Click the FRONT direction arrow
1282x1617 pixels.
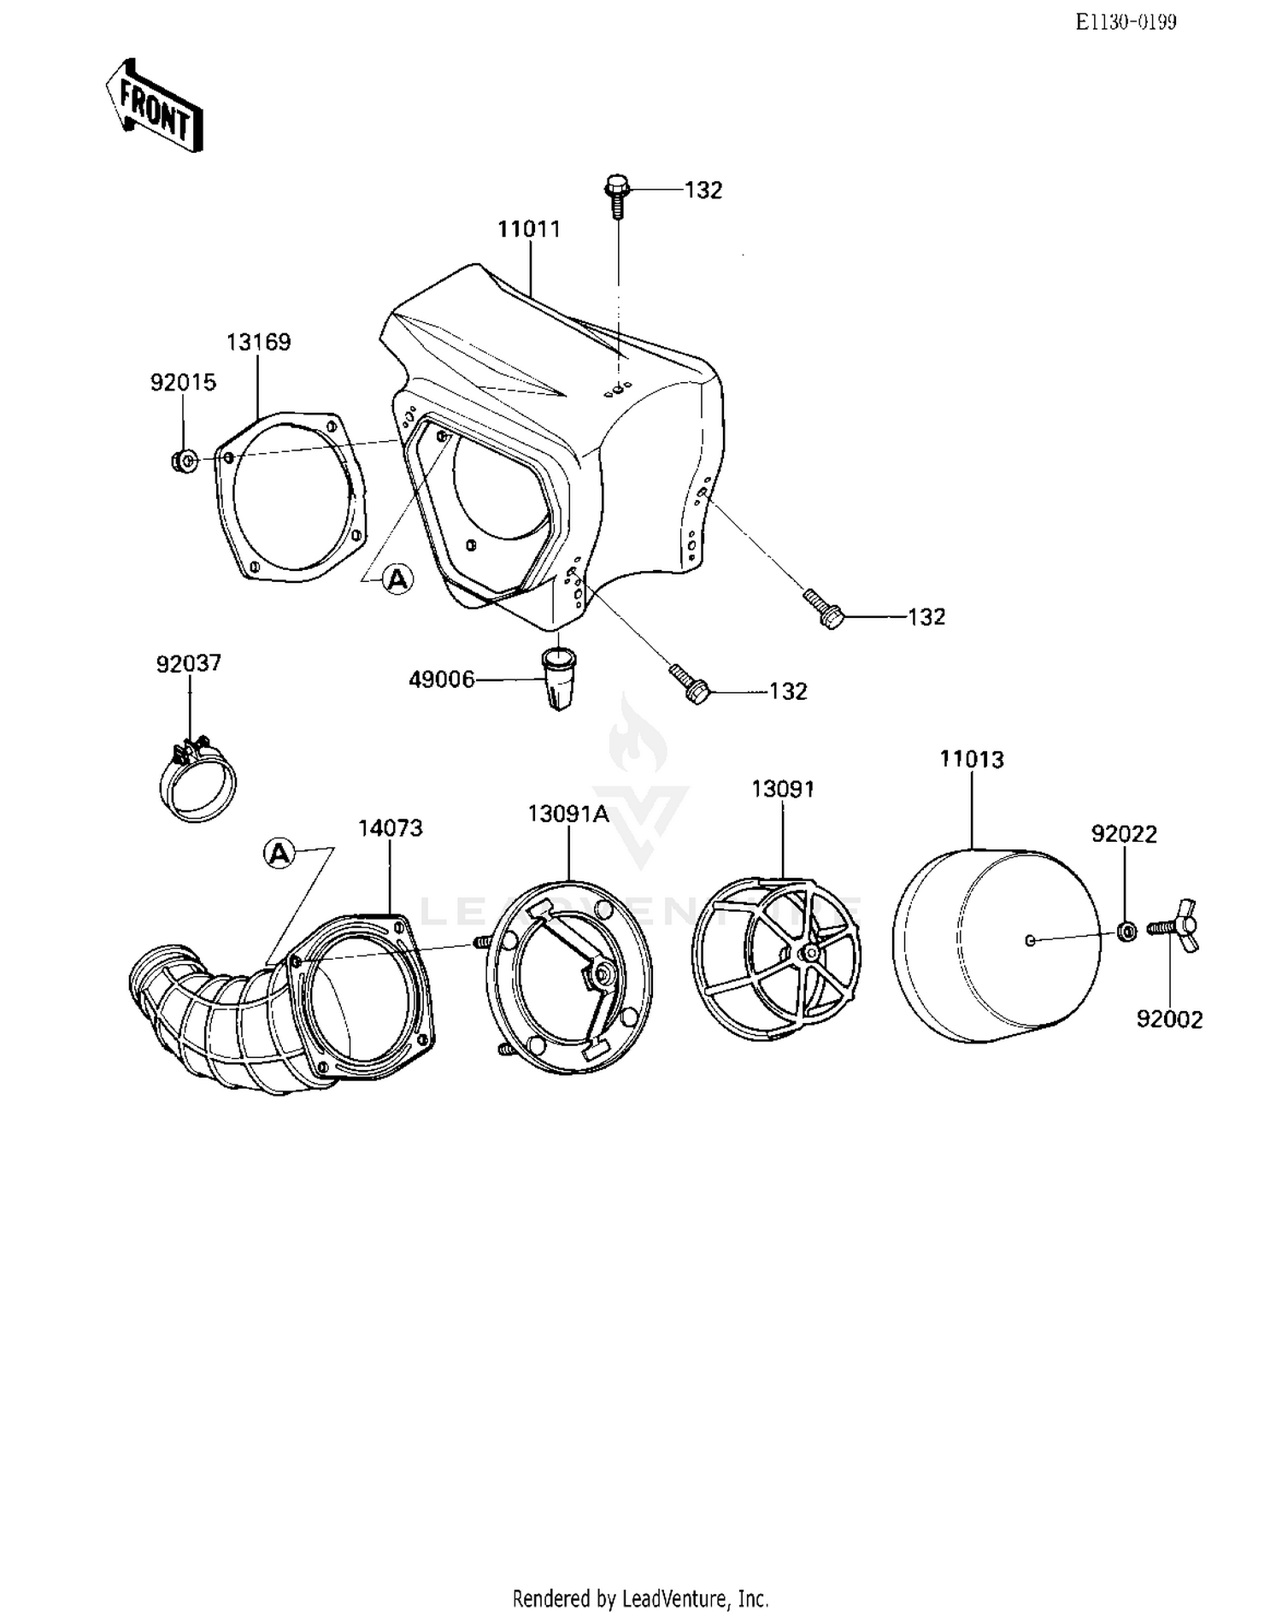(155, 106)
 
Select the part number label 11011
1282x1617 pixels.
(529, 229)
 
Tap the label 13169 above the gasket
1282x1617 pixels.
(258, 342)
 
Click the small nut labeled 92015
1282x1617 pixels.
(184, 462)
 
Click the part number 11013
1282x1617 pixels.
(972, 759)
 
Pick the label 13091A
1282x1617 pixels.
(568, 814)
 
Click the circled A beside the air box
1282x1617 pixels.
(397, 579)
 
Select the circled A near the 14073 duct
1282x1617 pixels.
(280, 853)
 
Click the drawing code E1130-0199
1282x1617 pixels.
(1126, 23)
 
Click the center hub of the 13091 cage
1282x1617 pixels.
(807, 954)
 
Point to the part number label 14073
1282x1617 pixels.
(390, 827)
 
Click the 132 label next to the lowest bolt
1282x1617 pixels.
(787, 691)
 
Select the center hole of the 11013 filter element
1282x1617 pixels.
(1030, 940)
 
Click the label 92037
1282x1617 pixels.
(188, 663)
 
